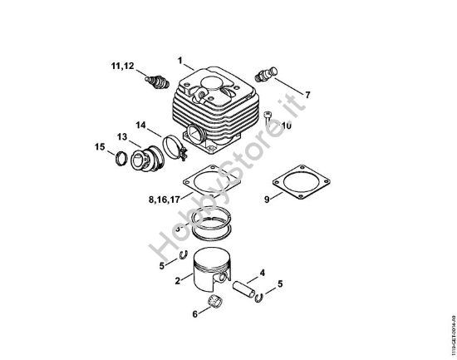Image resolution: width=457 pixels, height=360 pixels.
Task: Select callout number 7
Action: pyautogui.click(x=308, y=96)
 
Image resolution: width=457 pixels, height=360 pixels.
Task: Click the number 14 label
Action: pyautogui.click(x=141, y=126)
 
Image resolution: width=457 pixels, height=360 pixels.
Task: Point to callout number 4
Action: pyautogui.click(x=263, y=272)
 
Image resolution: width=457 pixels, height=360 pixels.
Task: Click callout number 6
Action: pyautogui.click(x=195, y=314)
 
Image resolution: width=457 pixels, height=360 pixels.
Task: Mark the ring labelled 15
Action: pyautogui.click(x=121, y=158)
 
